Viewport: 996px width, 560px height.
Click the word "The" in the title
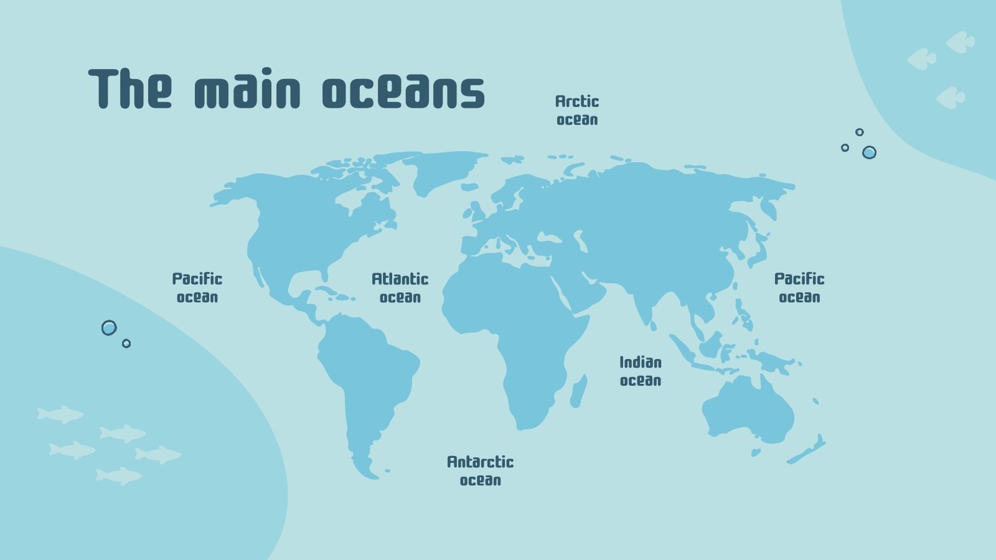(x=129, y=88)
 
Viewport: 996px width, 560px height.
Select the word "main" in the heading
(x=247, y=91)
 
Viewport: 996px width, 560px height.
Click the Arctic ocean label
(x=577, y=110)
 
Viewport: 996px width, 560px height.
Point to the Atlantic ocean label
(x=400, y=287)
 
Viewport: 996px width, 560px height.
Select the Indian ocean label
(x=641, y=371)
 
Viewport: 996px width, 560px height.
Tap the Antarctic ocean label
(x=481, y=470)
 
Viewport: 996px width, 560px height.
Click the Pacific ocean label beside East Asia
(x=799, y=287)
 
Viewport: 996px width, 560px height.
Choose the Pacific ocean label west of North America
(x=197, y=287)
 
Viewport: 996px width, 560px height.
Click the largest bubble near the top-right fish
(x=869, y=152)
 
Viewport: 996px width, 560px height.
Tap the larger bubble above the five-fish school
(x=109, y=328)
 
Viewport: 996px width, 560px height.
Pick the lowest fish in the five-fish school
(x=119, y=476)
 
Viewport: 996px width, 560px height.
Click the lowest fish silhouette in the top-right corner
(x=950, y=98)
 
